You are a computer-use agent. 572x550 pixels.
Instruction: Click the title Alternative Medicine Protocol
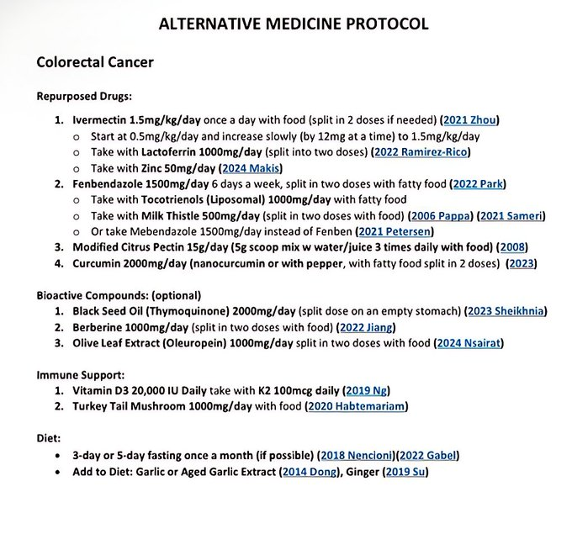(294, 23)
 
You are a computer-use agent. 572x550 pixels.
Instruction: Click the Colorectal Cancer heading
(94, 62)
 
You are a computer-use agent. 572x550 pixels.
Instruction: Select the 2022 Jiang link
(367, 327)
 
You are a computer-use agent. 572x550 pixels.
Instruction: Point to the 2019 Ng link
(368, 391)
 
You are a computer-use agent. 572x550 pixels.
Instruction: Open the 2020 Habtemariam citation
(357, 407)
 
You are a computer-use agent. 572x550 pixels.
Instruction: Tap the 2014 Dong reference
(308, 472)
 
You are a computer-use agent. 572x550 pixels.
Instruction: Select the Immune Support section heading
(81, 375)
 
